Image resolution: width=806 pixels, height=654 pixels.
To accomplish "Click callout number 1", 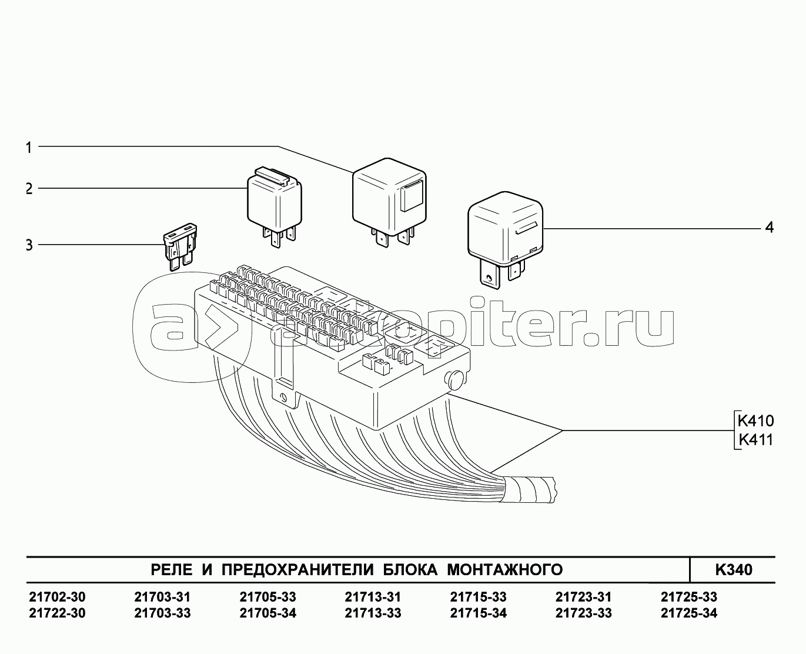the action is [29, 147].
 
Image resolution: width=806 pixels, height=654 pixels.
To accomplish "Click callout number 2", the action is [29, 188].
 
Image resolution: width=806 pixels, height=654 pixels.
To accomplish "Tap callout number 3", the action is [29, 245].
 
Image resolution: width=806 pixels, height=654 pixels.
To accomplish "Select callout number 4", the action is [770, 228].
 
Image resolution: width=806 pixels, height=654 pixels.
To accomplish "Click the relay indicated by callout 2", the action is [275, 206].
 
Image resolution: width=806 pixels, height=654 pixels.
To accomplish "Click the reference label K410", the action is [755, 421].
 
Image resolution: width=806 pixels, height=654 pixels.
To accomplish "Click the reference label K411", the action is [755, 440].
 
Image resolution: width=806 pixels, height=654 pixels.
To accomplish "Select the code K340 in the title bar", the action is [734, 570].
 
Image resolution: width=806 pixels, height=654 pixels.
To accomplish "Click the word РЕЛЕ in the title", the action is [172, 570].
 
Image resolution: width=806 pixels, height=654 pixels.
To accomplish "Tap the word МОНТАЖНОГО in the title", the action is [505, 570].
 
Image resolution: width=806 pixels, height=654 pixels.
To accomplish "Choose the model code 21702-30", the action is [57, 597].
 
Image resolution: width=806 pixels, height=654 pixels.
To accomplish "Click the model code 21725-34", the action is [689, 613].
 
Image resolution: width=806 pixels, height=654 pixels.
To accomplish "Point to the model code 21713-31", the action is [373, 597].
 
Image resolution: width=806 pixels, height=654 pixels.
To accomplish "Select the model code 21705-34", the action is [268, 613].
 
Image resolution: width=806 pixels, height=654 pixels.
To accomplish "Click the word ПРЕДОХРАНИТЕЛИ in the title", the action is [297, 570].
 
